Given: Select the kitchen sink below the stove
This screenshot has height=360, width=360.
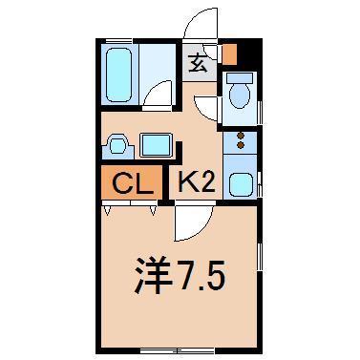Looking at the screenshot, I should pos(241,184).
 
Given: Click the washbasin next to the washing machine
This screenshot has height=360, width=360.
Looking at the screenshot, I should pos(117,145).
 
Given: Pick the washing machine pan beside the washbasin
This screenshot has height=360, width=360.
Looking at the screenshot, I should pos(155,146).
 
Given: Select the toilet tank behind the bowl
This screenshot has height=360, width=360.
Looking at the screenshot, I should pos(240,75).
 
